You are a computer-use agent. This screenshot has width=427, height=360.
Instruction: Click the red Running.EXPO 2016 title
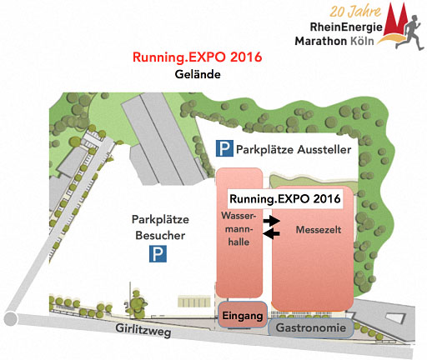click(198, 57)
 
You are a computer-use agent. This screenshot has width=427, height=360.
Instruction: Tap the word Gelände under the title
click(198, 74)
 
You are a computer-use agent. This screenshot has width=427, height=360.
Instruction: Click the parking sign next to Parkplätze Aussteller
click(224, 148)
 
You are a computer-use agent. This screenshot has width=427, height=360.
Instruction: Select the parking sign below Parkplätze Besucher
click(158, 253)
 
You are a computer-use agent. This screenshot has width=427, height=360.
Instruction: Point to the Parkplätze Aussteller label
click(294, 150)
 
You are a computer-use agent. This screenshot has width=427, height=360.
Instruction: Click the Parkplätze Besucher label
click(160, 227)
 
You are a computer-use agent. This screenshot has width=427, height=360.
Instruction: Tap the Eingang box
click(243, 315)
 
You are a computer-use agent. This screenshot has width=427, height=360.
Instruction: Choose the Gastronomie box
click(311, 327)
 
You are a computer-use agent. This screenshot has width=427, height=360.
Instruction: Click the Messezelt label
click(319, 230)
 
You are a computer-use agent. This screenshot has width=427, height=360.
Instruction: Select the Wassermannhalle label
click(239, 229)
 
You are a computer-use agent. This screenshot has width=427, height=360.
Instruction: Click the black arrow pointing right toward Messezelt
click(272, 221)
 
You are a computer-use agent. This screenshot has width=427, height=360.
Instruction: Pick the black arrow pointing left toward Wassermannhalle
click(271, 234)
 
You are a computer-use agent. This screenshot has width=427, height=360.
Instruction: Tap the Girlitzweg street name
click(143, 330)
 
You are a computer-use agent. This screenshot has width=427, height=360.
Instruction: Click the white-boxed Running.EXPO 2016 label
click(285, 199)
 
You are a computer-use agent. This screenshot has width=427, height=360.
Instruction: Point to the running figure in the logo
click(410, 32)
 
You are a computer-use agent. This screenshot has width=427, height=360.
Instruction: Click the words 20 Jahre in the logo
click(355, 12)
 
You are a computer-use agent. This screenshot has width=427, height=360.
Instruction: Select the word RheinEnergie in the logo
click(346, 27)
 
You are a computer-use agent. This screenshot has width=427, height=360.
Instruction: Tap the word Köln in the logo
click(362, 41)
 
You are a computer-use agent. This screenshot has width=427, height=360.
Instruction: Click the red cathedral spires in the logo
click(395, 21)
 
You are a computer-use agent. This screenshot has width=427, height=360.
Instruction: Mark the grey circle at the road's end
click(11, 318)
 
